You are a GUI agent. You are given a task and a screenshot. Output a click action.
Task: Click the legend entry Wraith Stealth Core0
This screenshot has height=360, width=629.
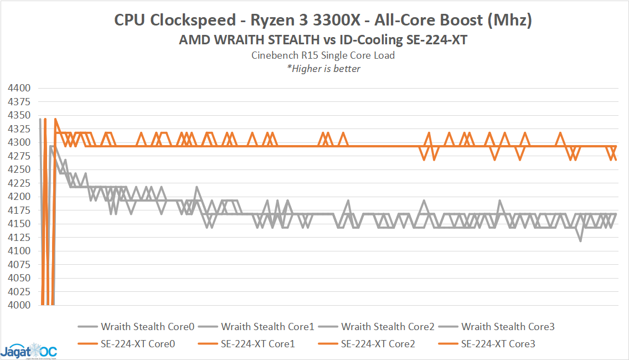(147, 327)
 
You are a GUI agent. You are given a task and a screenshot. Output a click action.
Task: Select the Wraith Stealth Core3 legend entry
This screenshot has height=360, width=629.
(508, 327)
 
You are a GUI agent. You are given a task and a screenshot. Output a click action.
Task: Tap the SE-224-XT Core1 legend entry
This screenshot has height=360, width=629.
(257, 344)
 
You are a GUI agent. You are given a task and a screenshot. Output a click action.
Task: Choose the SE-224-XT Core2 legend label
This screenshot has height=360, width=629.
(378, 344)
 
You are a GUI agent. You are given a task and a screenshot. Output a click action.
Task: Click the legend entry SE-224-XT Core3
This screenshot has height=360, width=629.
(498, 344)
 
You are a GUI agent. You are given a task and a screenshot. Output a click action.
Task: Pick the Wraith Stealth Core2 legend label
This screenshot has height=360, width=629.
(388, 327)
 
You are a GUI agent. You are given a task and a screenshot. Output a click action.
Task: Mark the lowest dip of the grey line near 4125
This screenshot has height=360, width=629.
(580, 240)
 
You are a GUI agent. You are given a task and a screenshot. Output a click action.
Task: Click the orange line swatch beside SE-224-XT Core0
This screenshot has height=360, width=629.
(87, 344)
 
